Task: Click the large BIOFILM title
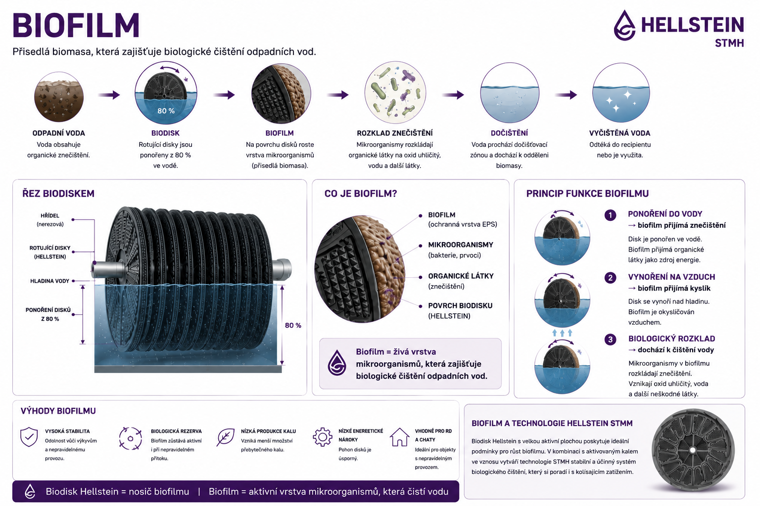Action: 76,25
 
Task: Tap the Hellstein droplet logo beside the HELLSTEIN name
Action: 624,25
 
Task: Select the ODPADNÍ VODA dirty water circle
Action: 59,97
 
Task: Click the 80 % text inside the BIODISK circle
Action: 166,111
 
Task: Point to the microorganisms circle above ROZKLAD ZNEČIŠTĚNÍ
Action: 395,92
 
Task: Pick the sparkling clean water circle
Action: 621,92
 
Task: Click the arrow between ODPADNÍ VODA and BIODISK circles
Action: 109,95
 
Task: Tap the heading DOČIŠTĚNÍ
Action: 509,133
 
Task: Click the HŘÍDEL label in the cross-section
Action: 50,215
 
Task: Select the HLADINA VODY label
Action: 49,281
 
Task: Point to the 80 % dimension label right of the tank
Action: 293,325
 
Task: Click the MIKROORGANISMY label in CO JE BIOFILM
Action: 461,245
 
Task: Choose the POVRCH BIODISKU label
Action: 460,306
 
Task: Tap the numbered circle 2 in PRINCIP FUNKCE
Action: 611,278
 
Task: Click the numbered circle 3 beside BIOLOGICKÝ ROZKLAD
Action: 611,339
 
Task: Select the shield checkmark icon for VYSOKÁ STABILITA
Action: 29,437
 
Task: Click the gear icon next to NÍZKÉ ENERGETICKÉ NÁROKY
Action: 322,436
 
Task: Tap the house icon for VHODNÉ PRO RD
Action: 399,437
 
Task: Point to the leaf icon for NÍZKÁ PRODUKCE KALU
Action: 225,437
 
